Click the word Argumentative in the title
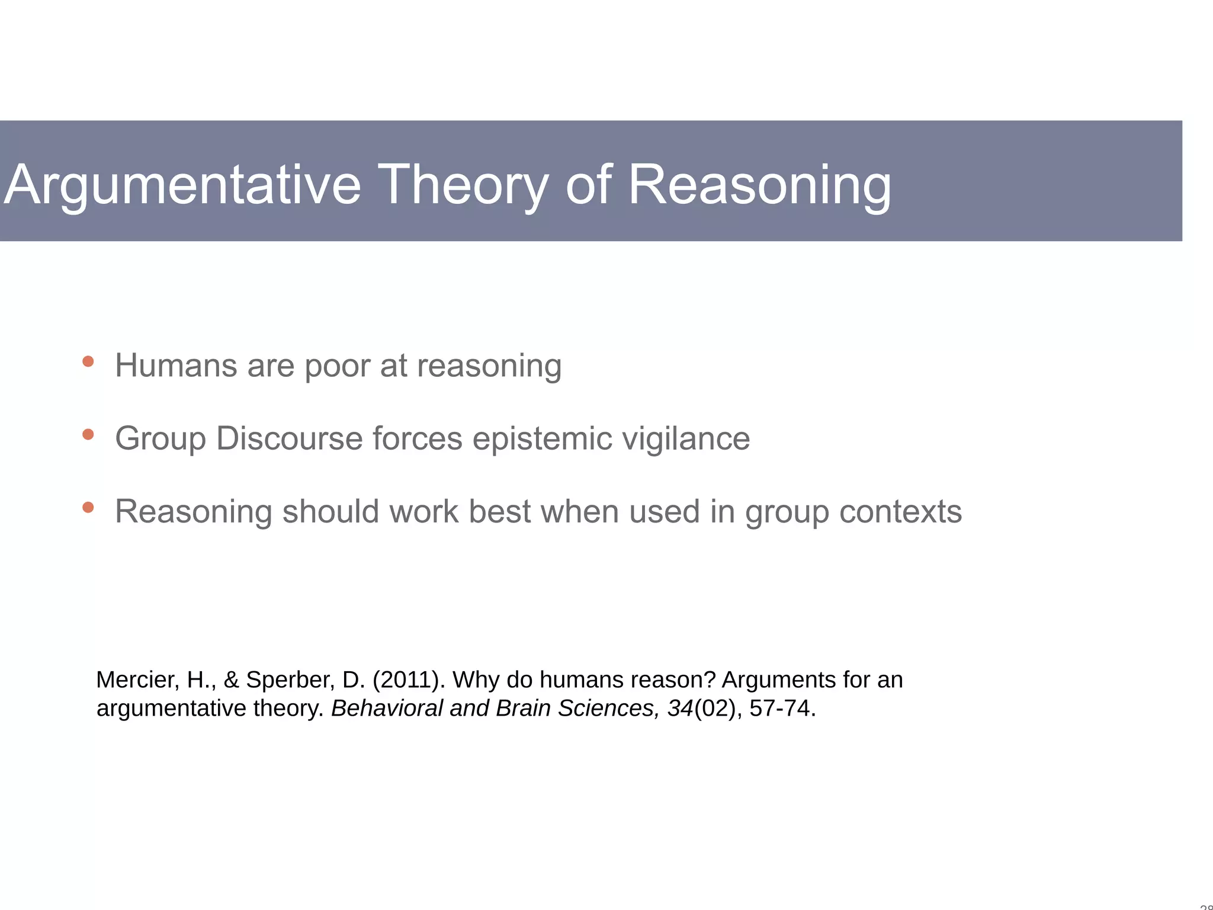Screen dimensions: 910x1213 (x=182, y=186)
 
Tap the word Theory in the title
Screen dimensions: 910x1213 (x=463, y=186)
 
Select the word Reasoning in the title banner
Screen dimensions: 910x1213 (x=759, y=186)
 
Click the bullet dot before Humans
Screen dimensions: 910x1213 (x=88, y=361)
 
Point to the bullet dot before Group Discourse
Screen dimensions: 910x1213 (x=88, y=435)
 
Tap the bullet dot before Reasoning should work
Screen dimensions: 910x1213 (x=88, y=508)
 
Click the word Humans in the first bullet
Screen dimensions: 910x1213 (x=176, y=366)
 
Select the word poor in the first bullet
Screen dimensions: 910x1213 (x=337, y=366)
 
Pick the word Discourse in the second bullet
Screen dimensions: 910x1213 (x=289, y=439)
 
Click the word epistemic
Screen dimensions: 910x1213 (x=543, y=439)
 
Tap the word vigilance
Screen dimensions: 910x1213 (x=687, y=439)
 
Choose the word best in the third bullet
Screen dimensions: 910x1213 (x=499, y=511)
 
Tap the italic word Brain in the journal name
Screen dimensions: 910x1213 (x=523, y=709)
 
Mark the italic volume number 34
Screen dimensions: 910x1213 (x=680, y=709)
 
